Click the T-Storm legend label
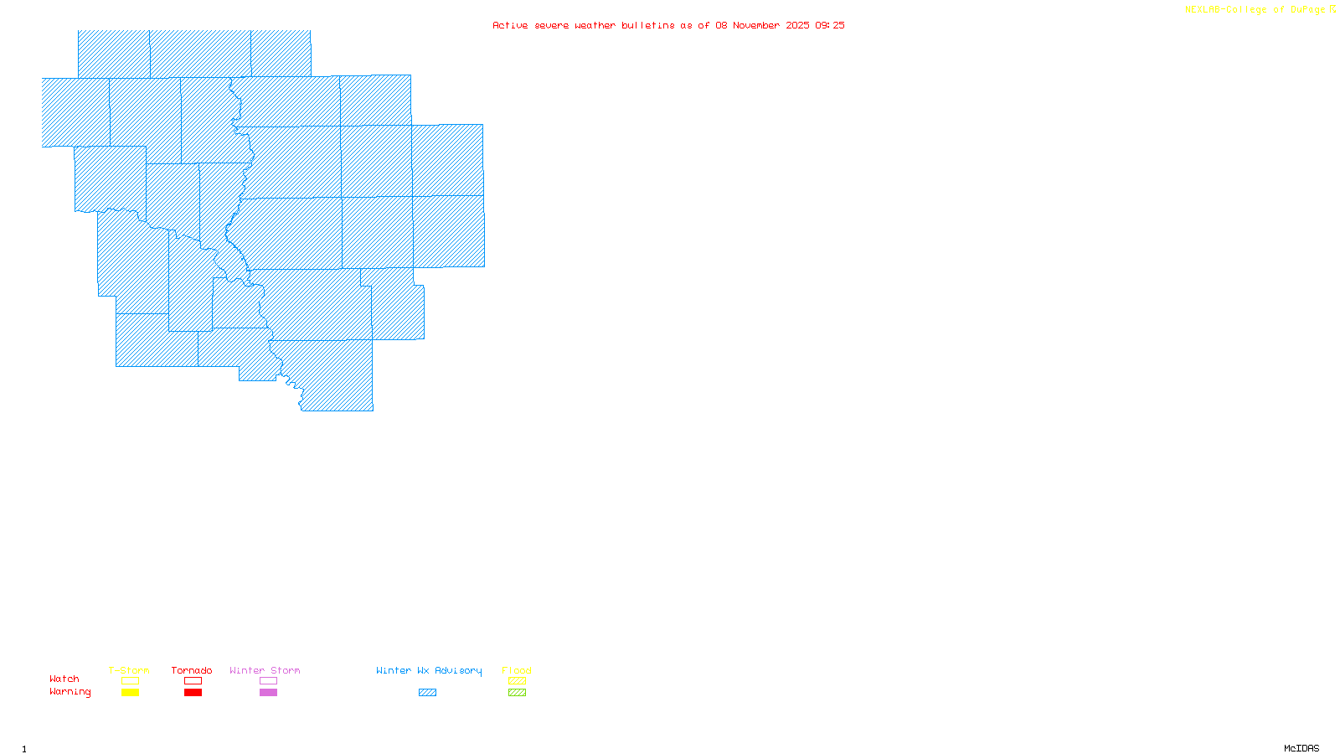coord(129,670)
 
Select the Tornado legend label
coord(192,670)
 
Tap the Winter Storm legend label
coord(265,670)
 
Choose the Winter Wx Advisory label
coord(429,670)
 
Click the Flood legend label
coord(517,670)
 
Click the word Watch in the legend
coord(64,679)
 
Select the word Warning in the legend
coord(70,692)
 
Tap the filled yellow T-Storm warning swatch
coord(130,693)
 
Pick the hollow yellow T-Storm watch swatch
coord(130,681)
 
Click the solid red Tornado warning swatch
coord(193,693)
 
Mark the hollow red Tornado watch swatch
coord(193,681)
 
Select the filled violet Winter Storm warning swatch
coord(268,693)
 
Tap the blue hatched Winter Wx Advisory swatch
coord(427,693)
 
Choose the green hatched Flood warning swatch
coord(517,693)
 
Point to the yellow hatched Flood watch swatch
coord(517,681)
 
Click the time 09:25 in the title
coord(830,25)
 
